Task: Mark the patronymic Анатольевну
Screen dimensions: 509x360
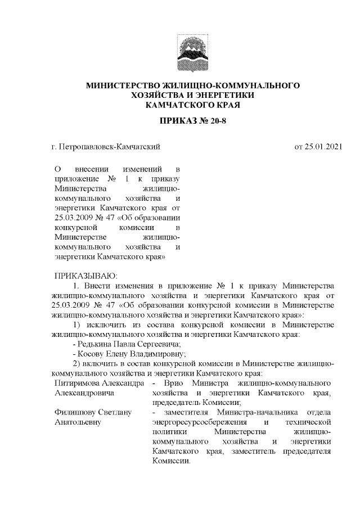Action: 77,422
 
